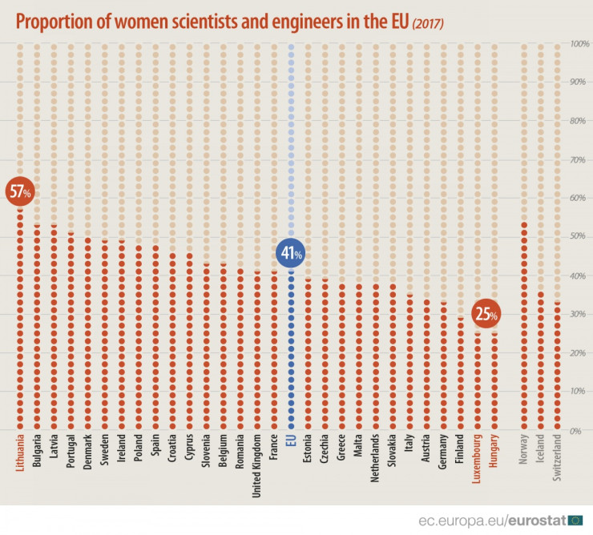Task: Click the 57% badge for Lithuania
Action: [19, 191]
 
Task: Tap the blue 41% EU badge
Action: [290, 254]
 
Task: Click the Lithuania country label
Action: [19, 453]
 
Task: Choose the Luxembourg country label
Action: [478, 457]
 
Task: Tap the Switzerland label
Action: [558, 457]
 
